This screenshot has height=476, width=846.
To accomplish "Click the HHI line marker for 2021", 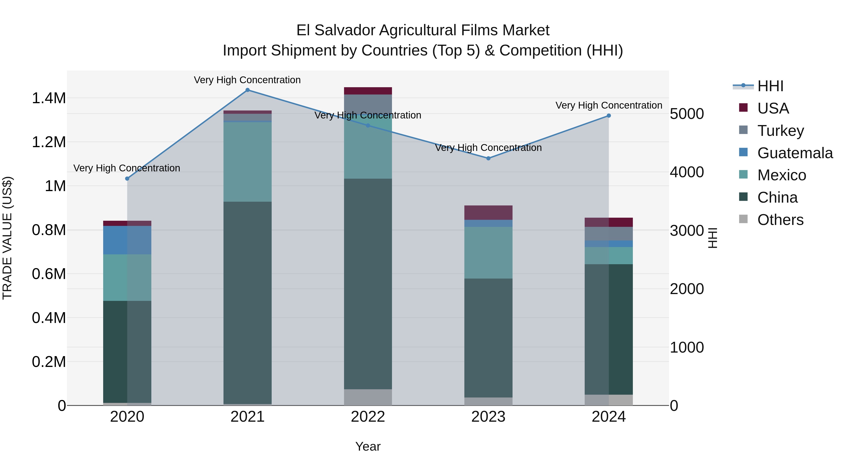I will pyautogui.click(x=248, y=90).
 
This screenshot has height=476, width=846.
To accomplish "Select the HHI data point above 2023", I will pyautogui.click(x=488, y=158).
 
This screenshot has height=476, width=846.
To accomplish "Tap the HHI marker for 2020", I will pyautogui.click(x=127, y=179).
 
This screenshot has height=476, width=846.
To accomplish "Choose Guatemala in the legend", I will pyautogui.click(x=795, y=153).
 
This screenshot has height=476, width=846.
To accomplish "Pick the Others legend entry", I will pyautogui.click(x=780, y=220).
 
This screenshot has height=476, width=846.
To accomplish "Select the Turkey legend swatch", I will pyautogui.click(x=743, y=130).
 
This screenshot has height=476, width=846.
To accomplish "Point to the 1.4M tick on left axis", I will pyautogui.click(x=49, y=98).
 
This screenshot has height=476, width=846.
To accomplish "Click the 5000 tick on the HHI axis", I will pyautogui.click(x=687, y=114).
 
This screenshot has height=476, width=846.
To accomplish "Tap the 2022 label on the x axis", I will pyautogui.click(x=368, y=417).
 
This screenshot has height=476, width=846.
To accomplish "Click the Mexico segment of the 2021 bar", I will pyautogui.click(x=248, y=162).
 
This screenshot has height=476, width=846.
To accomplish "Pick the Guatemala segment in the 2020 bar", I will pyautogui.click(x=127, y=240).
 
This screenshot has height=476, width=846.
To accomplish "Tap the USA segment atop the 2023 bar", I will pyautogui.click(x=488, y=212).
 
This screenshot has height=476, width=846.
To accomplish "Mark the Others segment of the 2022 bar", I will pyautogui.click(x=368, y=397).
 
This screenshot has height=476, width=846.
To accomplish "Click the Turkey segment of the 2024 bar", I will pyautogui.click(x=609, y=234).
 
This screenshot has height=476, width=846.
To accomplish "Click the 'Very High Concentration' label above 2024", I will pyautogui.click(x=609, y=106).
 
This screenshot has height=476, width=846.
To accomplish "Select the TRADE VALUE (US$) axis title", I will pyautogui.click(x=7, y=238).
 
